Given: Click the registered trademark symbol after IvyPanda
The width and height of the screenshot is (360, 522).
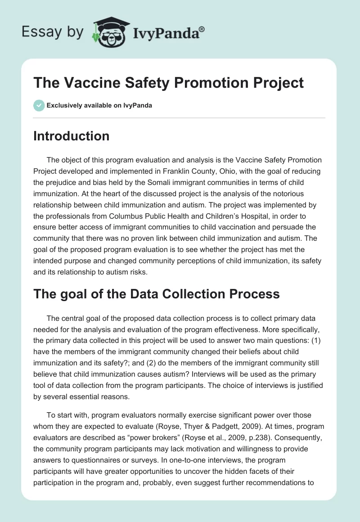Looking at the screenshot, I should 202,28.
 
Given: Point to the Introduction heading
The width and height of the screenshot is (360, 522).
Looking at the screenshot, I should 71,136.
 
